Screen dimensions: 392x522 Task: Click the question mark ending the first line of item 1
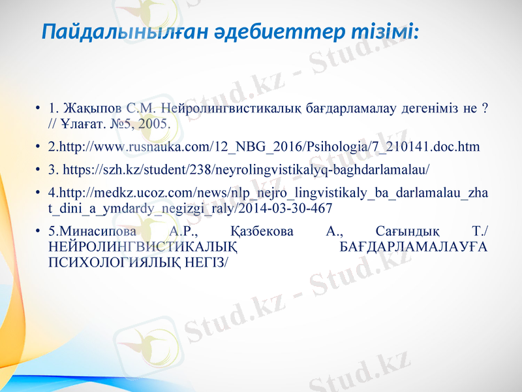(x=484, y=108)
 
